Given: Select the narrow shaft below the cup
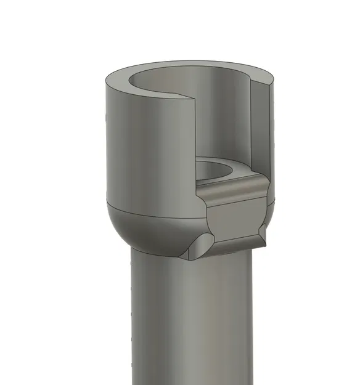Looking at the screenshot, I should click(x=191, y=320).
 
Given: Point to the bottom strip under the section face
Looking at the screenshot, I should click(x=237, y=246).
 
